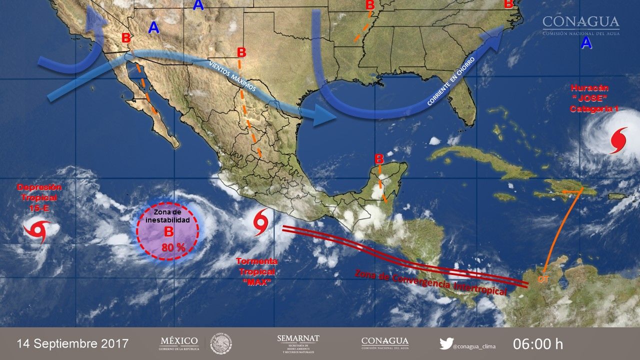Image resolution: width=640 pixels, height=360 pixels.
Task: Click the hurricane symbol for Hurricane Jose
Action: coord(618,140)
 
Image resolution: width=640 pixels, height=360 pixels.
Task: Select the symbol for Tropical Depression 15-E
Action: coord(37,231)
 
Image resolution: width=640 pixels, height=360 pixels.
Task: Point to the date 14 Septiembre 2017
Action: coord(72,344)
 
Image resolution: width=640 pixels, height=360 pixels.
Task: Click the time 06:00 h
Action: coord(538,344)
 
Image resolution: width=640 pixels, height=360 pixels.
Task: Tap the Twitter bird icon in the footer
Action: coord(446,344)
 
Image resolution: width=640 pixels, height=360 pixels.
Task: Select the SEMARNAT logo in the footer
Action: coord(298,343)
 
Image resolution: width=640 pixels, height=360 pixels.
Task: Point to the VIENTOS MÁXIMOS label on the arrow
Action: coord(232,77)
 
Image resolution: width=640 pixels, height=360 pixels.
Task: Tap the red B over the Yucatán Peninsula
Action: coord(379,159)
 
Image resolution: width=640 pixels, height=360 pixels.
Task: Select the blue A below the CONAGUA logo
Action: coord(586,43)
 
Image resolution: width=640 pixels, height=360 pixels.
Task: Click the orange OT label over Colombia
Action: coord(543,279)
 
